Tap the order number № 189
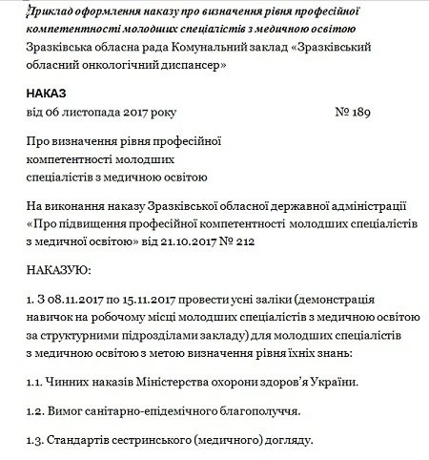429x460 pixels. click(355, 113)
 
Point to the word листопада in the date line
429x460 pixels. click(92, 113)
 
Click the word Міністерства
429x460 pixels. click(182, 382)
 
